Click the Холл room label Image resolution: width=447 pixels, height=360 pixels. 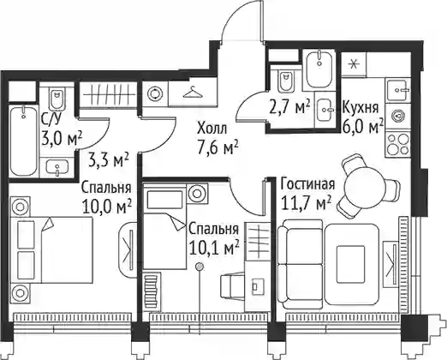click(x=212, y=129)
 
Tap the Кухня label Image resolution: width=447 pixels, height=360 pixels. click(x=361, y=108)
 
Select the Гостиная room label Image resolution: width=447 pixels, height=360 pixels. click(x=307, y=184)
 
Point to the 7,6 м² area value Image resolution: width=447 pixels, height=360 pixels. click(x=218, y=147)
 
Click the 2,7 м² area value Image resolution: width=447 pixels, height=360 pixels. click(x=289, y=107)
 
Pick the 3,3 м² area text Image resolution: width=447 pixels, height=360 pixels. click(x=109, y=160)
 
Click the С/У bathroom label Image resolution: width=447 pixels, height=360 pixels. click(x=51, y=119)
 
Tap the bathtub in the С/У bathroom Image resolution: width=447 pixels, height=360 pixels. click(x=24, y=141)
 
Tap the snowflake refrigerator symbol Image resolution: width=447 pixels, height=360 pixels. click(x=354, y=64)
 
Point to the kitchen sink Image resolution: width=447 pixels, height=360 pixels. click(x=399, y=90)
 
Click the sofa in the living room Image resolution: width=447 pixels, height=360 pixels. click(x=301, y=264)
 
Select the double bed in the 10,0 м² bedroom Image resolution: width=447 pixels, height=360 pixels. click(x=52, y=250)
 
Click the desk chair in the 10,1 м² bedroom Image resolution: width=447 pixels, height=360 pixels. click(x=232, y=286)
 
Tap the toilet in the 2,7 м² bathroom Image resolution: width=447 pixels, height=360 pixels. click(x=286, y=81)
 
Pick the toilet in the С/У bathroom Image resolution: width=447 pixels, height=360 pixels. click(x=57, y=98)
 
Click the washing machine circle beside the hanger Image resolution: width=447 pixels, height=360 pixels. click(x=155, y=93)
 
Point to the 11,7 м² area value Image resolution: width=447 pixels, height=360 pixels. click(x=307, y=202)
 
